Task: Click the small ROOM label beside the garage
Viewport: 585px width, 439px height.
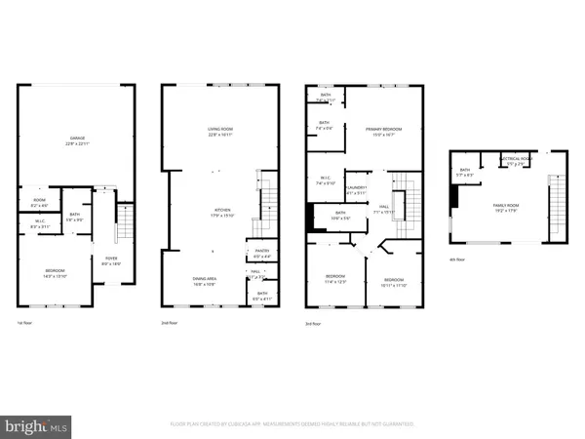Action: pos(40,202)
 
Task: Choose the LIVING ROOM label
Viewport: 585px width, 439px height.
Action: pos(218,132)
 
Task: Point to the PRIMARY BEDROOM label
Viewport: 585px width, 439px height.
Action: pos(384,131)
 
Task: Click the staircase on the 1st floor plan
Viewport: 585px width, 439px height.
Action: pos(123,227)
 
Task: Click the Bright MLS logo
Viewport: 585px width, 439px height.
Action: pos(37,425)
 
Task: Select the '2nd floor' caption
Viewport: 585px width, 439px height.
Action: pos(171,322)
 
